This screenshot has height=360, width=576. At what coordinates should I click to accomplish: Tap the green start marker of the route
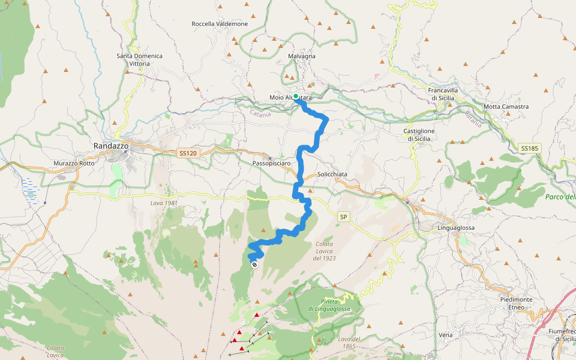pos(296,96)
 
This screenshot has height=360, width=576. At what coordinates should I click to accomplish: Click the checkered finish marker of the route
pos(255,264)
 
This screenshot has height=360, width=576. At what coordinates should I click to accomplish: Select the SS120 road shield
pos(187,154)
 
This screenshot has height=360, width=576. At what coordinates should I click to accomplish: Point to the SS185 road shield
pos(529,148)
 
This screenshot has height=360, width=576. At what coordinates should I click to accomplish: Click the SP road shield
pos(344,217)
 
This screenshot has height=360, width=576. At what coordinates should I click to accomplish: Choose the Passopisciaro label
pos(272,163)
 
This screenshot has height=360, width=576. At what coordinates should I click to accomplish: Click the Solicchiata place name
pos(332,174)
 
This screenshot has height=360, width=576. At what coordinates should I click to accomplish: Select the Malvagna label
pos(302,56)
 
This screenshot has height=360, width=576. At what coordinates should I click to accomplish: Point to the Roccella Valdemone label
pos(220,24)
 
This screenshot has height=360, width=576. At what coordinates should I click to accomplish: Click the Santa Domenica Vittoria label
pos(139,59)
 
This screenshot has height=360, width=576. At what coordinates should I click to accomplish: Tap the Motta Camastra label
pos(506,107)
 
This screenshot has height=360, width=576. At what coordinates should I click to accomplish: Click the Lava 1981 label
pos(164,203)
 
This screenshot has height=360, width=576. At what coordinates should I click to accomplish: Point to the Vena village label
pos(446,334)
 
